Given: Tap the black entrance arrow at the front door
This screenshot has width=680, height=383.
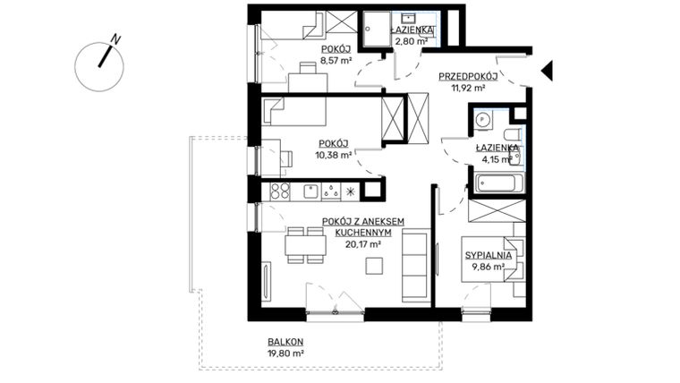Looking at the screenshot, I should click(x=547, y=70).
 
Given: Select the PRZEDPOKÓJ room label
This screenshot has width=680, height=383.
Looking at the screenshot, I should click(x=467, y=76).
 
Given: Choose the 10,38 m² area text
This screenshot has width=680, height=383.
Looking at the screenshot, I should click(x=332, y=154).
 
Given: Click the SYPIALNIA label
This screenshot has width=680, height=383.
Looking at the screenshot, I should click(x=488, y=255).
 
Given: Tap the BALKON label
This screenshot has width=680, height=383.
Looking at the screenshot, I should click(x=285, y=342).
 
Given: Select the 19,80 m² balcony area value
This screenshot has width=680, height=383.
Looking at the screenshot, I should click(x=285, y=353).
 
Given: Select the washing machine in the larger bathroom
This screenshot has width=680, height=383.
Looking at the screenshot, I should click(x=483, y=118).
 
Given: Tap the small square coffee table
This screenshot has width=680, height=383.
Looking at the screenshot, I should click(x=378, y=266).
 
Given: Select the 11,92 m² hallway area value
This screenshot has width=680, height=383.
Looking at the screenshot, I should click(x=467, y=88).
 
